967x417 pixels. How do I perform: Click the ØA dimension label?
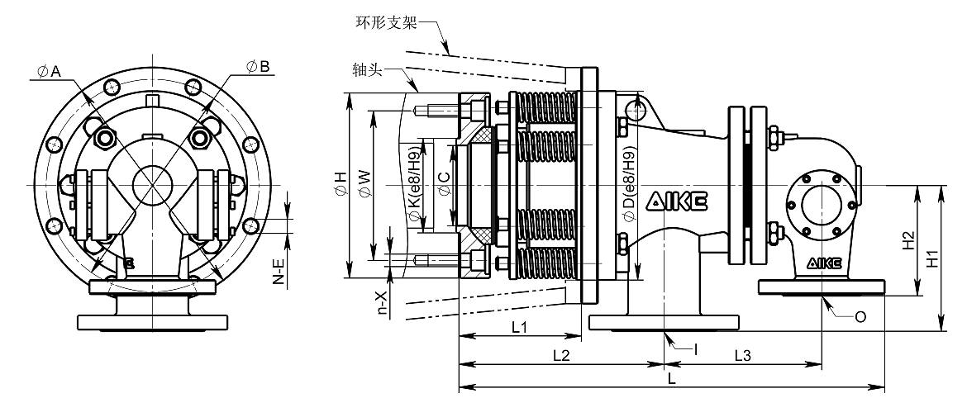[x=48, y=72]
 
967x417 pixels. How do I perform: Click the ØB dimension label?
[x=258, y=67]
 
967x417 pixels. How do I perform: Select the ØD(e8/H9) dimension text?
[x=628, y=183]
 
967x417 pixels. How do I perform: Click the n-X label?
[x=383, y=303]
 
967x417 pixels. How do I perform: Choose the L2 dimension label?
[x=560, y=355]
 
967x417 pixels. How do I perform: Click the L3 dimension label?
[x=742, y=355]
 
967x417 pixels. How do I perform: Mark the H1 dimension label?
[x=934, y=258]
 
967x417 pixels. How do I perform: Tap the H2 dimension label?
[x=907, y=241]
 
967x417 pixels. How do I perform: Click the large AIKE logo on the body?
[x=677, y=201]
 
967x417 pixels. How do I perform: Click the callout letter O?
[x=860, y=317]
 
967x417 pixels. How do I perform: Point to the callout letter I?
[x=695, y=349]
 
